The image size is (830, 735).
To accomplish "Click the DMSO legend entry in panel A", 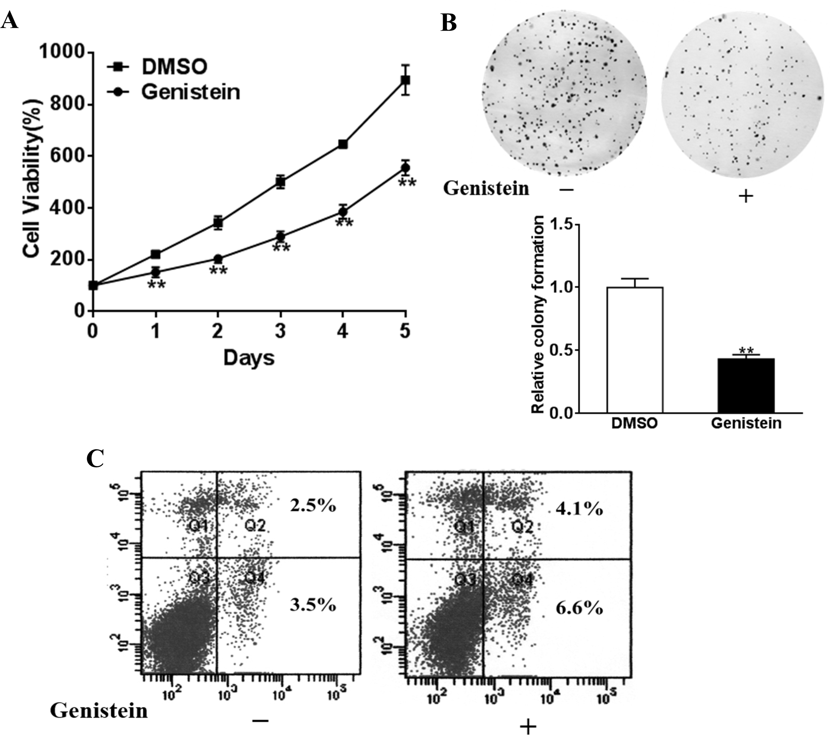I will click(174, 67).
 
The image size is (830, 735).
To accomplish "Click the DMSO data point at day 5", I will click(405, 80).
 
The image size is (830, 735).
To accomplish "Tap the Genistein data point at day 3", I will click(280, 236).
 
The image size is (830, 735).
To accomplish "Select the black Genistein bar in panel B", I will click(746, 386).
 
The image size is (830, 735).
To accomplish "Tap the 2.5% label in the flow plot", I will click(313, 506).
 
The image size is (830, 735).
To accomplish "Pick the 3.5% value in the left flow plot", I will click(313, 605).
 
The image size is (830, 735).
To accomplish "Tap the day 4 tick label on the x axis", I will click(343, 331).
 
